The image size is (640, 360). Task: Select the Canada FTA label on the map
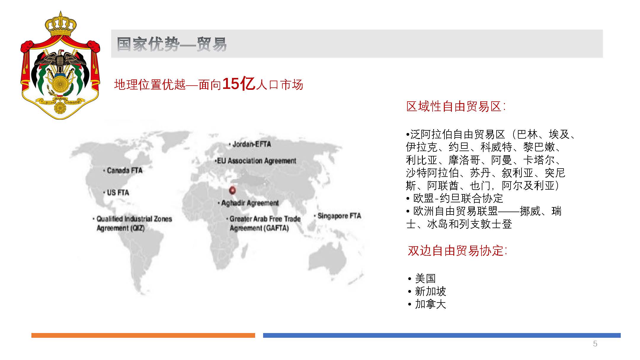coord(123,171)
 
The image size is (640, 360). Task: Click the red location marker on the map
coord(233,190)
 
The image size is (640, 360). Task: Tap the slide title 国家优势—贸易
coord(172,44)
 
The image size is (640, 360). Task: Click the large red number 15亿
coord(239,84)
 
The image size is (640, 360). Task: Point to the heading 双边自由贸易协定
coord(457,251)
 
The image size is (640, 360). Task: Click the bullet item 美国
coord(422,279)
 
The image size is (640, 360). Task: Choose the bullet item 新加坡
coord(427,292)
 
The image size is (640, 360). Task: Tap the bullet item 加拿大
coord(427,304)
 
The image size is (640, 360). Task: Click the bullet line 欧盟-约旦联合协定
coord(455,198)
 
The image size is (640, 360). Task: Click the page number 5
coord(595,344)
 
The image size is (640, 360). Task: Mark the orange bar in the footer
coord(143,335)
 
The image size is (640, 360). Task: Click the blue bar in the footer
coord(442,335)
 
